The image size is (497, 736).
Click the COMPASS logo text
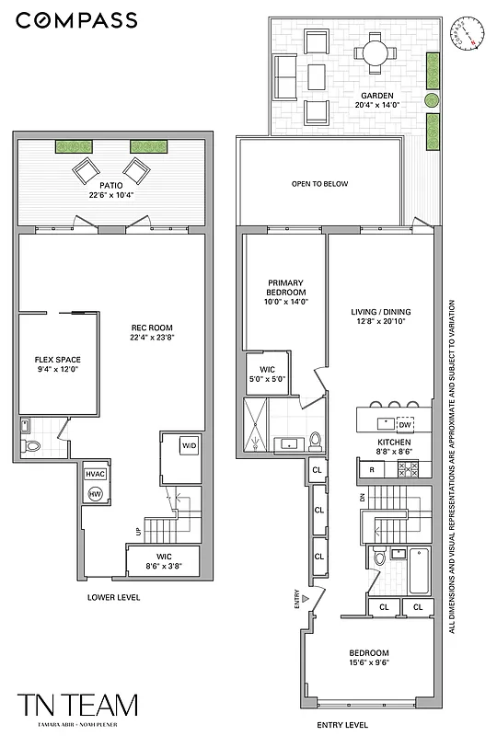pos(77,20)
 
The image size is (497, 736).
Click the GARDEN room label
pos(377,95)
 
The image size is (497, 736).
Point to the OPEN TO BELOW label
pos(319,184)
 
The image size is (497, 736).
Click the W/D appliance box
pos(189,446)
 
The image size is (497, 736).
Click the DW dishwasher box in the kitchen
pos(405,424)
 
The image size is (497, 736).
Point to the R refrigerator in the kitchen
pos(371,469)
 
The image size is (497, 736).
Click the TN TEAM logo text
pos(78,705)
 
